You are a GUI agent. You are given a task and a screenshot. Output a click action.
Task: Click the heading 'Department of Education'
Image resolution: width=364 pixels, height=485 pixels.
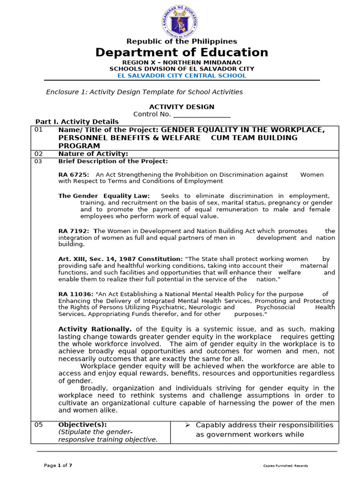tap(182, 53)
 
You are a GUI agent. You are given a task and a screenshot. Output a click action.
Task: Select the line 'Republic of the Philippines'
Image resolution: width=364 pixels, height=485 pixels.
tap(182, 42)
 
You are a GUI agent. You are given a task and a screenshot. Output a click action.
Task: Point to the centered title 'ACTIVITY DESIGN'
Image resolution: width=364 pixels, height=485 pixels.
tap(182, 107)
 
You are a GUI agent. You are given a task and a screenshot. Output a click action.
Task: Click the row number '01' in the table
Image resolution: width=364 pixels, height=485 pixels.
tap(38, 130)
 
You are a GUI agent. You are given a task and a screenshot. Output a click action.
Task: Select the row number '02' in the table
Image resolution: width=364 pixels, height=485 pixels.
tap(38, 154)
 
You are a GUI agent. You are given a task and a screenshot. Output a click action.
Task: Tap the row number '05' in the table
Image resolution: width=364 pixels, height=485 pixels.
tap(38, 425)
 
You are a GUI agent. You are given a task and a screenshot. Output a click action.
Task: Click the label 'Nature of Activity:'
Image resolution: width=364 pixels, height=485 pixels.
tap(93, 154)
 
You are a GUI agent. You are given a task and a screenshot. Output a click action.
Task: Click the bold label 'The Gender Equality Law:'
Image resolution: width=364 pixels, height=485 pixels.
tap(104, 196)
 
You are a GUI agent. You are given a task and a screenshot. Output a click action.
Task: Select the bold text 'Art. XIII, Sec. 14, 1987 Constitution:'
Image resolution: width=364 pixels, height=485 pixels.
tap(120, 259)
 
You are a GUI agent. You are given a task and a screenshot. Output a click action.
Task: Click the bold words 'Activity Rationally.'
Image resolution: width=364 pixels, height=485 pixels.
tap(95, 329)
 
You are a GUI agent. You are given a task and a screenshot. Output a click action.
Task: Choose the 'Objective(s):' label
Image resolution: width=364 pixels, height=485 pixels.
tap(82, 425)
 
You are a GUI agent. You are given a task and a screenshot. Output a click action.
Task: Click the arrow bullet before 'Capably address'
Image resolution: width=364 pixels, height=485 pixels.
tap(187, 425)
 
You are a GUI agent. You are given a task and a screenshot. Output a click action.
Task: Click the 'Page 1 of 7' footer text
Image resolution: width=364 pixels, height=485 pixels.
tap(58, 466)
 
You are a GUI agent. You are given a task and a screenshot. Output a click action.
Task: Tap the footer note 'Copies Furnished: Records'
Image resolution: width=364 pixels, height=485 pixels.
tap(285, 466)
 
